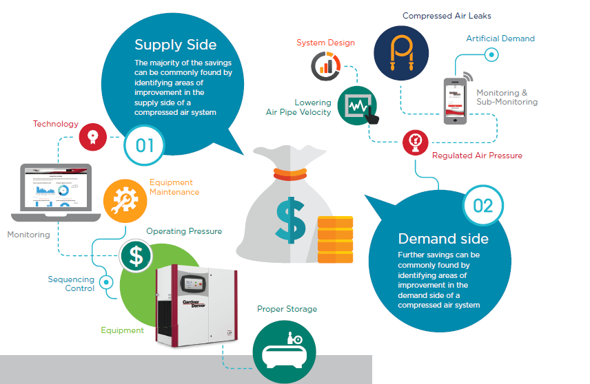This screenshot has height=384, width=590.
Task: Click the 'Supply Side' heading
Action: tap(175, 45)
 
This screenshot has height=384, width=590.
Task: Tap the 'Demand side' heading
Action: tap(443, 239)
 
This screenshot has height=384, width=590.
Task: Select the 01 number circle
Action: tap(145, 145)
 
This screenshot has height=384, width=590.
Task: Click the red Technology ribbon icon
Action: tap(92, 137)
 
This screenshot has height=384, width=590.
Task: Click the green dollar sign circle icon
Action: tap(136, 255)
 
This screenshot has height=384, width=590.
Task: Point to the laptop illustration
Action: tap(56, 192)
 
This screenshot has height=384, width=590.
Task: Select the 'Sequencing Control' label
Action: tap(71, 284)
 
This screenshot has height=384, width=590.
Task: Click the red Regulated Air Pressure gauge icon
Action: tap(415, 142)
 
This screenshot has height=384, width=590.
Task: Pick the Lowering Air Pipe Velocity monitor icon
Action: tap(358, 107)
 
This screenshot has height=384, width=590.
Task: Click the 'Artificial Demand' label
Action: tap(500, 39)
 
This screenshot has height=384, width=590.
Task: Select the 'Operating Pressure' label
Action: tap(183, 231)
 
